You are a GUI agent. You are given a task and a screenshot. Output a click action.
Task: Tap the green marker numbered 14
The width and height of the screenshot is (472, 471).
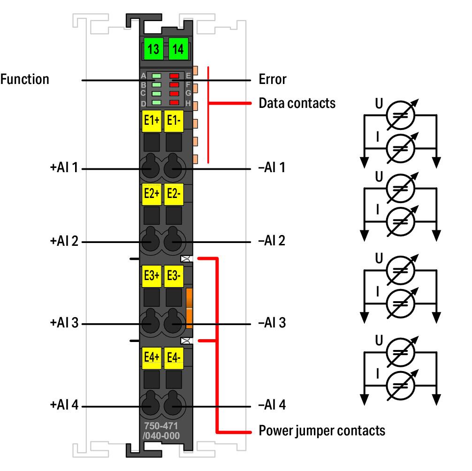178,49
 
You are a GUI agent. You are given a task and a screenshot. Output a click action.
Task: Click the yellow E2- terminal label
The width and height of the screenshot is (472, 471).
174,194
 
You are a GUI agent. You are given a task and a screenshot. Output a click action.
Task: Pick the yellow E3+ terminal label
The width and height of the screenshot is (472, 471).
151,276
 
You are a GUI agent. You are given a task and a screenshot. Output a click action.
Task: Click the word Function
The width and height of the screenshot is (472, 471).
24,79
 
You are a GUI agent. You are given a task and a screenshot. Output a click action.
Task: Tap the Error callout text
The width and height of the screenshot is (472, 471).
272,79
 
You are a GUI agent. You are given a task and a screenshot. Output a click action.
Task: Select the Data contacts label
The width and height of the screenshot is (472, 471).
297,103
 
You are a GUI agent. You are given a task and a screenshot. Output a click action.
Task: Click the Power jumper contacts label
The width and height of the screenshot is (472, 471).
322,430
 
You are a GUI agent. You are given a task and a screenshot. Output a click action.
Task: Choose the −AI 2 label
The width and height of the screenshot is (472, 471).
272,241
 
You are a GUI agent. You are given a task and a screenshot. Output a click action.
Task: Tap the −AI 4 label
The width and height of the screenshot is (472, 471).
272,405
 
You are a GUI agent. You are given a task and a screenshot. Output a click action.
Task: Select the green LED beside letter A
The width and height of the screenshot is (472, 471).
157,76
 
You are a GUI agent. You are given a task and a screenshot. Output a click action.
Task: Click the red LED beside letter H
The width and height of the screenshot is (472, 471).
174,102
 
